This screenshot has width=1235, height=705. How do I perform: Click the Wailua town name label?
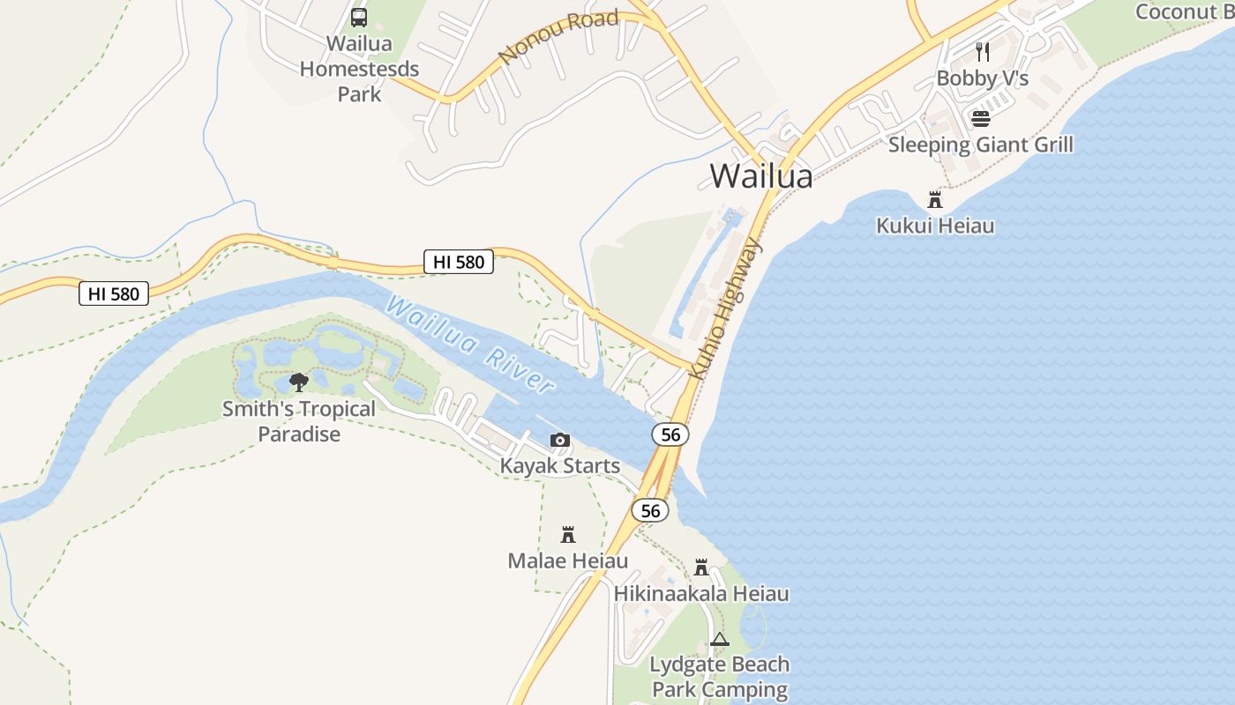[x=760, y=175]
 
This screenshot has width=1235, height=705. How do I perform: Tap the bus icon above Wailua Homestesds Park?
[x=359, y=17]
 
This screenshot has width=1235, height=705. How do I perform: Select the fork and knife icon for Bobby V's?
[x=983, y=52]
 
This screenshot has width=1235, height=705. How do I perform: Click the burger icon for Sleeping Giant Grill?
[x=981, y=118]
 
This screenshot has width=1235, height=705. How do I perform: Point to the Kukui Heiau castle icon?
[x=935, y=200]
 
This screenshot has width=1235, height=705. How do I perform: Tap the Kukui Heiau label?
[x=935, y=226]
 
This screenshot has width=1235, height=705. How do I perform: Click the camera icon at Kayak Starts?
[x=559, y=440]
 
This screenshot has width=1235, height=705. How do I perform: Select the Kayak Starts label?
[x=559, y=465]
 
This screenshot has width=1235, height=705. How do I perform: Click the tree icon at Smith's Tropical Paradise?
[x=299, y=382]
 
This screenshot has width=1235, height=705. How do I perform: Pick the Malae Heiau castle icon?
[x=568, y=534]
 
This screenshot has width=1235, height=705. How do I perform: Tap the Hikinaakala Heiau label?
[x=701, y=593]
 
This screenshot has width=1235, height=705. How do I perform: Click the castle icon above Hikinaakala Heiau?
[x=701, y=567]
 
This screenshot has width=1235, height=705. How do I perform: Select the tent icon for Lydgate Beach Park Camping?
[x=720, y=639]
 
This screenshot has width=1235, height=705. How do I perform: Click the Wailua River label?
[x=470, y=344]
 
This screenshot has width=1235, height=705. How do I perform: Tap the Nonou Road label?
[x=558, y=37]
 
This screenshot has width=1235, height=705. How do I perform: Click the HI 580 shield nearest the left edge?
[x=114, y=293]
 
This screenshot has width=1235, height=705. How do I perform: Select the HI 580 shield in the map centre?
[x=459, y=261]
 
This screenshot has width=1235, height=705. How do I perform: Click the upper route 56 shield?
[x=670, y=434]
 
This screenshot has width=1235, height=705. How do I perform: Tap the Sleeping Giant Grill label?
[x=981, y=145]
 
